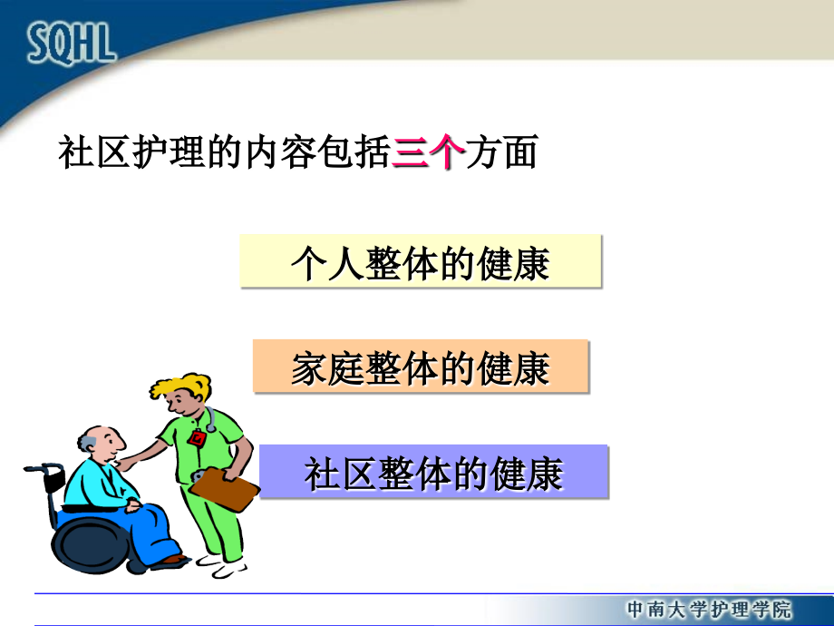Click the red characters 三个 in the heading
click(x=429, y=152)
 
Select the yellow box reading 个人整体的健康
click(x=421, y=261)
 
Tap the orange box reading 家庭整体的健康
click(x=421, y=367)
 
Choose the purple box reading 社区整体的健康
click(x=433, y=472)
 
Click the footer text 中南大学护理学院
click(x=708, y=609)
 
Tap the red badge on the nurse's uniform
click(x=198, y=438)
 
